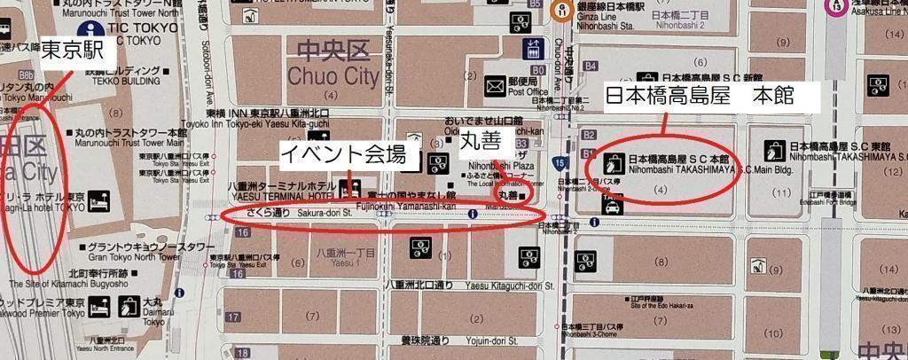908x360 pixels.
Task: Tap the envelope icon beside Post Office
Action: point(494,86)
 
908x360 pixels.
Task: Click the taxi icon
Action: point(612,209)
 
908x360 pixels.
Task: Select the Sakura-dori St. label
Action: point(294,214)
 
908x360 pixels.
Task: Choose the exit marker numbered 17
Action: point(234,317)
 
